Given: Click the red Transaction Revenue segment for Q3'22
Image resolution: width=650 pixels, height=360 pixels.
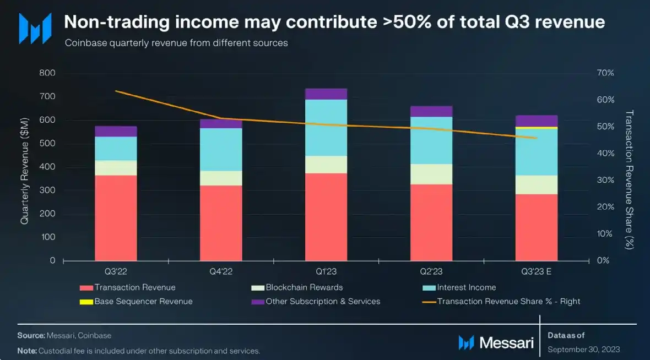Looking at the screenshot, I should [x=116, y=217].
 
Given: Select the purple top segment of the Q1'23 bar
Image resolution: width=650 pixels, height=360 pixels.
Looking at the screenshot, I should [x=326, y=94].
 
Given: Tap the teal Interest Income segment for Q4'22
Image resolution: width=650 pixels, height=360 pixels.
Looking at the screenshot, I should [x=221, y=149].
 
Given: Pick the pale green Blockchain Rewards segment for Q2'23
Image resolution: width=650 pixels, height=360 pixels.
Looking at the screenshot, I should [x=431, y=174].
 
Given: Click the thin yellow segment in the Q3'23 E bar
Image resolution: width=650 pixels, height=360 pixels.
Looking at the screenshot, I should [x=537, y=128].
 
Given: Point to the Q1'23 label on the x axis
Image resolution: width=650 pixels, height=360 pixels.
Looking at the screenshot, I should [x=326, y=271].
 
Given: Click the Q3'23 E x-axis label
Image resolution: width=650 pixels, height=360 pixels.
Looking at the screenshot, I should [x=537, y=271].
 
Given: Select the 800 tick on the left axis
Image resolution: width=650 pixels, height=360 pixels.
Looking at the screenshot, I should [x=48, y=73].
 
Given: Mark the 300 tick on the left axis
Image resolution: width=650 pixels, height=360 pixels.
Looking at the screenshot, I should [x=48, y=190].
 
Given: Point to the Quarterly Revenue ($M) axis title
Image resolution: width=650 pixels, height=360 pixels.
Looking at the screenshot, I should [x=25, y=167].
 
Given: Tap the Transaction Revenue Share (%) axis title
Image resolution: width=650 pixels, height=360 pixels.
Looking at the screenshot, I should [x=630, y=179].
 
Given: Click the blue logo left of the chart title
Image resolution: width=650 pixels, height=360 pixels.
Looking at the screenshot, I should [x=35, y=28].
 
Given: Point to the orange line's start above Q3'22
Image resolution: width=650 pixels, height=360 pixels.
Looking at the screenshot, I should [x=116, y=91].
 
